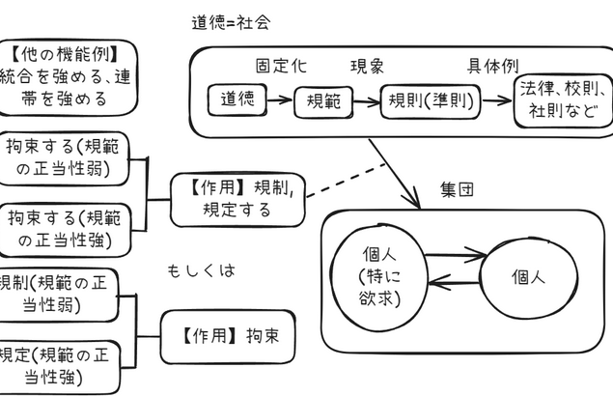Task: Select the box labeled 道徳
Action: pos(236,99)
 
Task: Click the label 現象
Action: pos(367,67)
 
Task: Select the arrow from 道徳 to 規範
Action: pos(278,99)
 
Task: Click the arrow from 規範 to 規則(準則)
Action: pos(366,99)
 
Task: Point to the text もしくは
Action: pos(201,269)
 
